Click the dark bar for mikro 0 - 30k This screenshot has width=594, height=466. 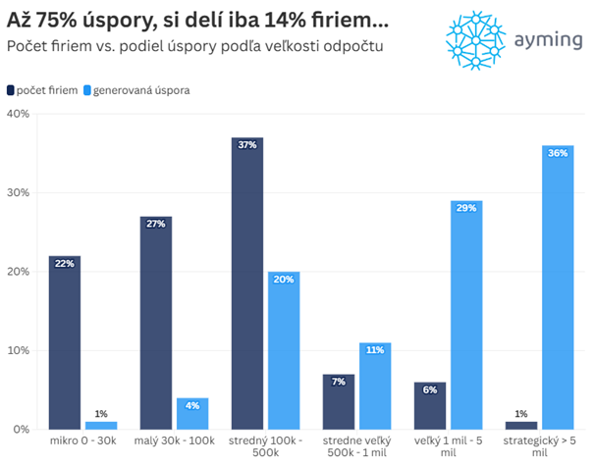pyautogui.click(x=64, y=342)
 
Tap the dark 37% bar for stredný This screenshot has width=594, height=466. pyautogui.click(x=247, y=284)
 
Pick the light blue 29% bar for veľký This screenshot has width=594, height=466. pyautogui.click(x=465, y=315)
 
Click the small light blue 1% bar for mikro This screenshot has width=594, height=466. pyautogui.click(x=100, y=425)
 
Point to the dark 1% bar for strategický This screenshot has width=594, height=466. pyautogui.click(x=520, y=425)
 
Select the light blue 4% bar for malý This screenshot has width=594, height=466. pyautogui.click(x=191, y=413)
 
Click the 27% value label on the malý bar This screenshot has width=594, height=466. pyautogui.click(x=155, y=224)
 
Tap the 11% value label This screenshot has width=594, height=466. pyautogui.click(x=375, y=350)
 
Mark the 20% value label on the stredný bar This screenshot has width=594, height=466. pyautogui.click(x=283, y=279)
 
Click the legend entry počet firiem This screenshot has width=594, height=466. pyautogui.click(x=44, y=90)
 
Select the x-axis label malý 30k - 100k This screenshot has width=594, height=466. pyautogui.click(x=174, y=441)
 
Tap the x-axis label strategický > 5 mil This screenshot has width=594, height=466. pyautogui.click(x=539, y=447)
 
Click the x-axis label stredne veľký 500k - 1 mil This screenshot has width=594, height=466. pyautogui.click(x=356, y=447)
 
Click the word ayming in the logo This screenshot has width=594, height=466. pyautogui.click(x=546, y=40)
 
